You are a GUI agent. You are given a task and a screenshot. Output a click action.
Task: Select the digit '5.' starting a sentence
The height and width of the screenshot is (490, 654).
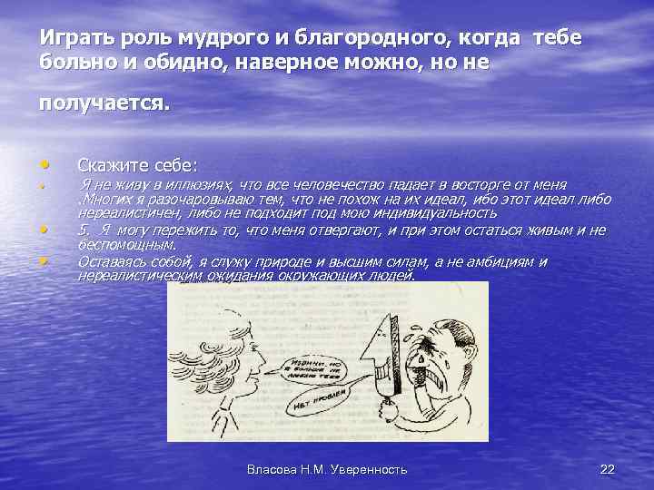pyautogui.click(x=85, y=230)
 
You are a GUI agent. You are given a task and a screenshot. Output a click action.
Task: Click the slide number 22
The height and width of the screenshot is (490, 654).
pyautogui.click(x=607, y=469)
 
